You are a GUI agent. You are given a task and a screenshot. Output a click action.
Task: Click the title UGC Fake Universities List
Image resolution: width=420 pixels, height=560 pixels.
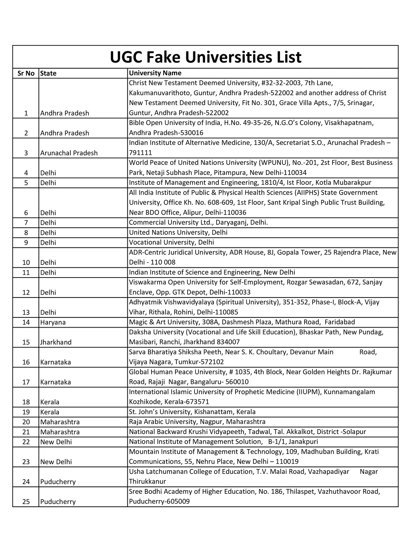tap(205, 57)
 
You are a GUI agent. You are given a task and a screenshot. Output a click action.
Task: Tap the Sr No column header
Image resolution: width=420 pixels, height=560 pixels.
tap(26, 73)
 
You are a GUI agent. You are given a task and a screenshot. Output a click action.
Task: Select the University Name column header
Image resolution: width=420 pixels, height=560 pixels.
tap(155, 73)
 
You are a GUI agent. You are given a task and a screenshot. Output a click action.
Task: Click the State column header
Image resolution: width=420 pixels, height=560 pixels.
tap(48, 73)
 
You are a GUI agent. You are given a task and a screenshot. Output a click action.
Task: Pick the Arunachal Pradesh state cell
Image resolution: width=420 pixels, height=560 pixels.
tap(69, 153)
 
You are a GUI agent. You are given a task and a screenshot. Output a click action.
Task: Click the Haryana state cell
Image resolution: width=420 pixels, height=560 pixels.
tap(53, 322)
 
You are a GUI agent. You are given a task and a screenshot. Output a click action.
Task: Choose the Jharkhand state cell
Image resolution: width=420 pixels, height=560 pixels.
tap(56, 342)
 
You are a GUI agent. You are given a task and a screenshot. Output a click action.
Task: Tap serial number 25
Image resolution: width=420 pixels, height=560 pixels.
tap(26, 502)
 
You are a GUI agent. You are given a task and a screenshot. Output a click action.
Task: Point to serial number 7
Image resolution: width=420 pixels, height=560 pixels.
tap(26, 223)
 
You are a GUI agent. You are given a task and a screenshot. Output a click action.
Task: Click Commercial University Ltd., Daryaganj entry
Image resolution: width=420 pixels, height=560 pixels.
tap(198, 223)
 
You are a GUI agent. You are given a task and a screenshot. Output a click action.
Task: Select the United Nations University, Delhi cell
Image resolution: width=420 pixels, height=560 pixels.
tap(178, 232)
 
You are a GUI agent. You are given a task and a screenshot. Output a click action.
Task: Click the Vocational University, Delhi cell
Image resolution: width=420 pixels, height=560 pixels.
tap(171, 243)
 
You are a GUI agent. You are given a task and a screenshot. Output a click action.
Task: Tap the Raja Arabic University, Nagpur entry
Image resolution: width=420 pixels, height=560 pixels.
tap(197, 422)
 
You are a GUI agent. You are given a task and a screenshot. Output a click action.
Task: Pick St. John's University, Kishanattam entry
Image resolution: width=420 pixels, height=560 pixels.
tap(192, 412)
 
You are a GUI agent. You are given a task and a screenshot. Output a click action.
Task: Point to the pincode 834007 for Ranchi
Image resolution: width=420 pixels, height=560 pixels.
tap(228, 342)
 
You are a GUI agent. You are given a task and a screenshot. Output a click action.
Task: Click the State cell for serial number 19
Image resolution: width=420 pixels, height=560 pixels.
tap(50, 412)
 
